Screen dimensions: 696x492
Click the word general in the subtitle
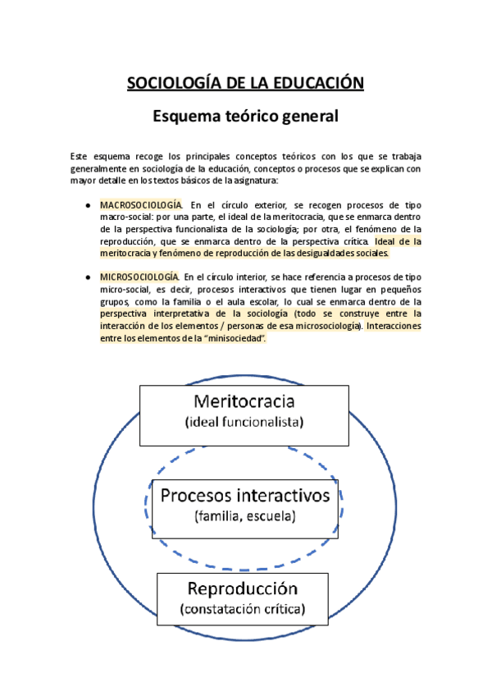[307, 117]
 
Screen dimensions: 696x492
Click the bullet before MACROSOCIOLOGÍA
[89, 205]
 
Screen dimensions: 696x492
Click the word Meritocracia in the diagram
[244, 401]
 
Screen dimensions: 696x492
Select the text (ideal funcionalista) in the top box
[244, 422]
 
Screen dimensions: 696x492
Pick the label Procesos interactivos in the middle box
[244, 495]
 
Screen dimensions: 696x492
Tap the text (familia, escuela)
[244, 516]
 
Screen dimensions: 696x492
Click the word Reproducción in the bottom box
[243, 588]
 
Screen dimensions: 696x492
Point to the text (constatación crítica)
[243, 609]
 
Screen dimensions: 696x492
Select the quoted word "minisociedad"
[238, 340]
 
